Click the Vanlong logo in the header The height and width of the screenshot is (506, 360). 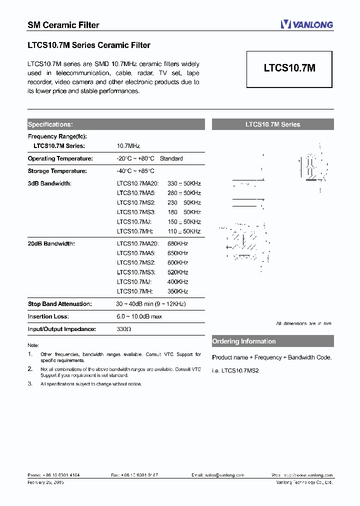pyautogui.click(x=306, y=24)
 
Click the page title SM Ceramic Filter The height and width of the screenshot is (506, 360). pyautogui.click(x=63, y=25)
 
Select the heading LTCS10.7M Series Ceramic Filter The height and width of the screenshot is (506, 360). pyautogui.click(x=88, y=45)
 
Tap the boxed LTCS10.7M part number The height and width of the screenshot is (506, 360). pyautogui.click(x=289, y=68)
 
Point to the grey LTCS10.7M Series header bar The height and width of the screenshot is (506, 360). pyautogui.click(x=272, y=124)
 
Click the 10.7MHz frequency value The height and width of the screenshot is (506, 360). pyautogui.click(x=128, y=146)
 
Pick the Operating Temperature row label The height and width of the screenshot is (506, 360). pyautogui.click(x=60, y=158)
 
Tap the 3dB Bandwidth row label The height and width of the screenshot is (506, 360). pyautogui.click(x=49, y=183)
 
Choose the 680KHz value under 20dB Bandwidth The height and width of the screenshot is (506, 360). pyautogui.click(x=178, y=243)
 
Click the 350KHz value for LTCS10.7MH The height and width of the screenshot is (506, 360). pyautogui.click(x=178, y=291)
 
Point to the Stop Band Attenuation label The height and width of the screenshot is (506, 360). pyautogui.click(x=59, y=304)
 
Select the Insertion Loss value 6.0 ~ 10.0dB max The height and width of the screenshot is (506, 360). pyautogui.click(x=139, y=316)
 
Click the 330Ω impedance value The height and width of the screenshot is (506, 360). pyautogui.click(x=124, y=329)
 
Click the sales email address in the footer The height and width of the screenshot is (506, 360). pyautogui.click(x=217, y=475)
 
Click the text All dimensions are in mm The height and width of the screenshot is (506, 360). pyautogui.click(x=303, y=323)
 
